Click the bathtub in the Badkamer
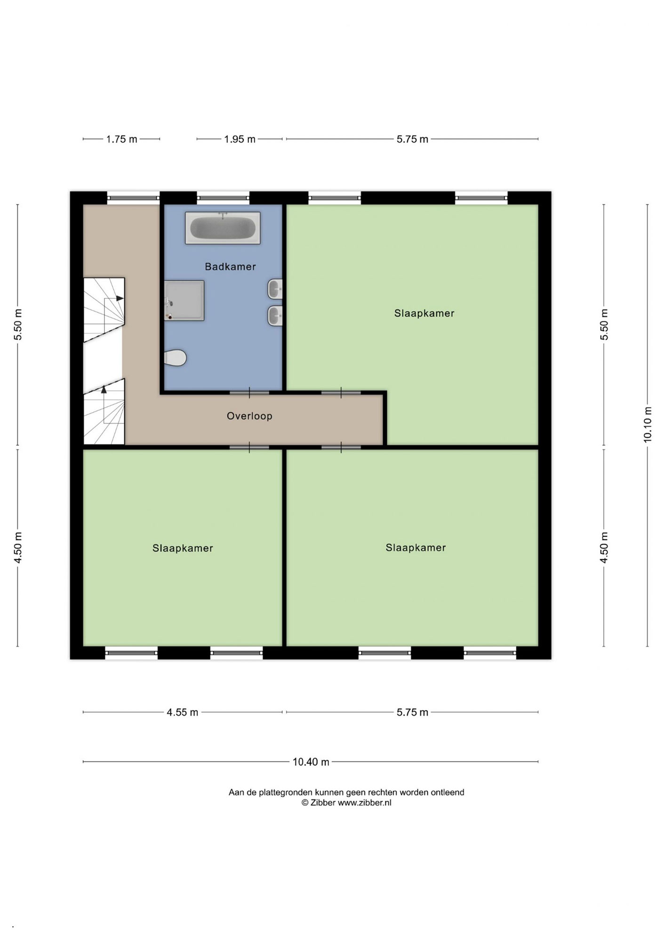(223, 228)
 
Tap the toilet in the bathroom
(175, 358)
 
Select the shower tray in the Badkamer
(184, 301)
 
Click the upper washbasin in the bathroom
(275, 289)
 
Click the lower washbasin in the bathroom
(275, 316)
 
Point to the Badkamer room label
(230, 267)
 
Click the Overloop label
(249, 416)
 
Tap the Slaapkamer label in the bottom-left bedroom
(183, 548)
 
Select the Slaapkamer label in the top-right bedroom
(424, 313)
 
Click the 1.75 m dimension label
(121, 139)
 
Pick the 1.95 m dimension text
(240, 139)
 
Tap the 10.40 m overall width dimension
(311, 762)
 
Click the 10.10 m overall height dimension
(648, 425)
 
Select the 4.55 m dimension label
(182, 712)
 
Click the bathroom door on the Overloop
(249, 392)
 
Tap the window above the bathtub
(223, 198)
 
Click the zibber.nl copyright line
(346, 803)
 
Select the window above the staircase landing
(133, 198)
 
